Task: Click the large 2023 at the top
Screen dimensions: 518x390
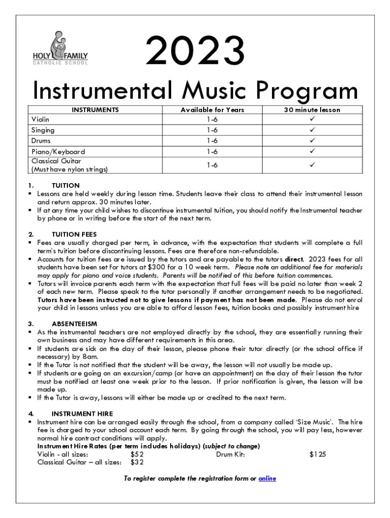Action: point(195,52)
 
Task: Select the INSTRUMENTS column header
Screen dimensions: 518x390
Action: point(95,110)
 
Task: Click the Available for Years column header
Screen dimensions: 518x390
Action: point(212,110)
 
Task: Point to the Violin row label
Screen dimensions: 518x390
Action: point(41,119)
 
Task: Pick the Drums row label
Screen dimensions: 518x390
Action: point(41,141)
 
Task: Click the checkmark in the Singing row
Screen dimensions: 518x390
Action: point(313,130)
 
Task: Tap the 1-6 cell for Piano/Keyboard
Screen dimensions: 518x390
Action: point(212,151)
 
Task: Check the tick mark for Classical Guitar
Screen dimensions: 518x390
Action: point(313,165)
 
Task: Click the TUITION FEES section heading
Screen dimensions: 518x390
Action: point(74,234)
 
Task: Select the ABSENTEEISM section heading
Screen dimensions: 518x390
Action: point(74,323)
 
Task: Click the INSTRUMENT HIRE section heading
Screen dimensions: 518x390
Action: point(82,413)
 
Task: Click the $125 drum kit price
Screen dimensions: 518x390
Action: point(318,454)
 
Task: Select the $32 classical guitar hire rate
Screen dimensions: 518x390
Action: point(137,462)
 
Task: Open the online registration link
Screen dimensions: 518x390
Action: point(267,479)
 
